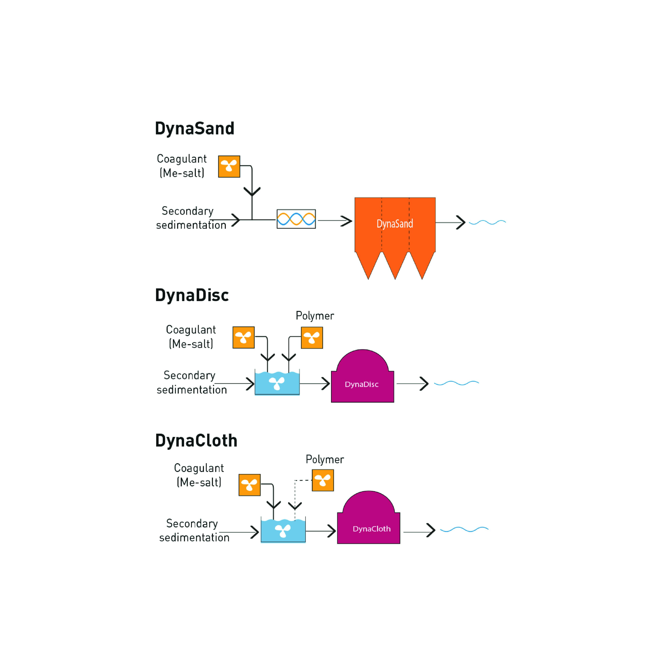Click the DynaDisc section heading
(192, 295)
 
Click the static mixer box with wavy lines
(296, 219)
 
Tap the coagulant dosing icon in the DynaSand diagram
(229, 166)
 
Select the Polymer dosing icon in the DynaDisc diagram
(312, 338)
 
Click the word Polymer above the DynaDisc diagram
(315, 316)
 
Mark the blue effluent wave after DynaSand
(487, 222)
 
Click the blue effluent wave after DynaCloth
(464, 529)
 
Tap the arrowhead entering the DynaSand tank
(347, 221)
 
